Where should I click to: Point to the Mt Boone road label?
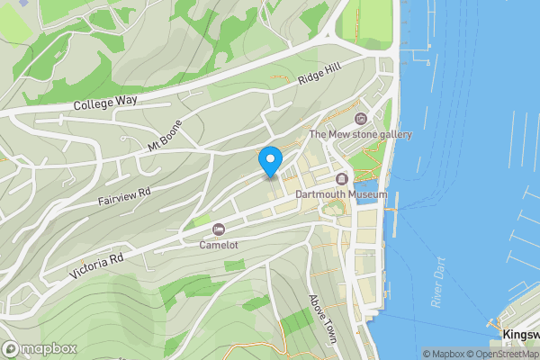(x=165, y=135)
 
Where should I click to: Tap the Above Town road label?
(x=321, y=319)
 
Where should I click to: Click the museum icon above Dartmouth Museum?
(x=342, y=179)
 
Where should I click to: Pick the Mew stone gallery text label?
(x=360, y=135)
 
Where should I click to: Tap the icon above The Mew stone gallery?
(x=361, y=119)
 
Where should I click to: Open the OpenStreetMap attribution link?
(x=504, y=354)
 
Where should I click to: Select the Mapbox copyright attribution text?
(x=445, y=354)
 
